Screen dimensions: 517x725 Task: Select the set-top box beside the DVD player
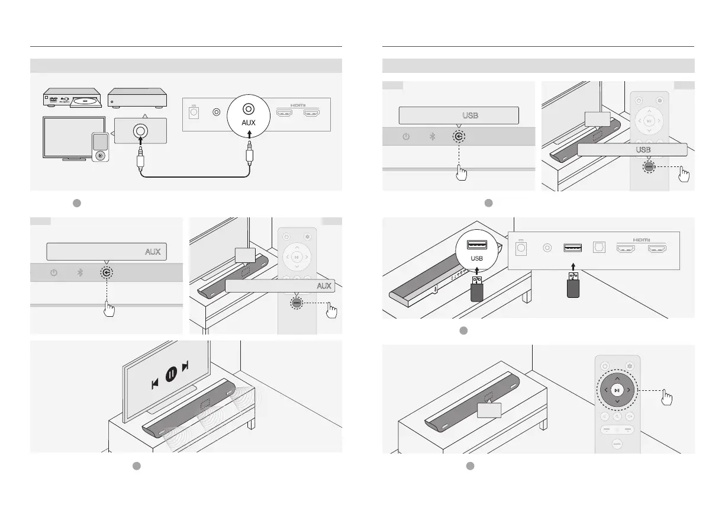point(137,98)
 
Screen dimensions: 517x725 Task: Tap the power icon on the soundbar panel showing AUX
point(54,273)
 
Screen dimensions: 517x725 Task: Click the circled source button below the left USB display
point(459,137)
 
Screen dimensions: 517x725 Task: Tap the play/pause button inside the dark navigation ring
point(617,390)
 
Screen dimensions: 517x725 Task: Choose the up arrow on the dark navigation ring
point(617,377)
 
